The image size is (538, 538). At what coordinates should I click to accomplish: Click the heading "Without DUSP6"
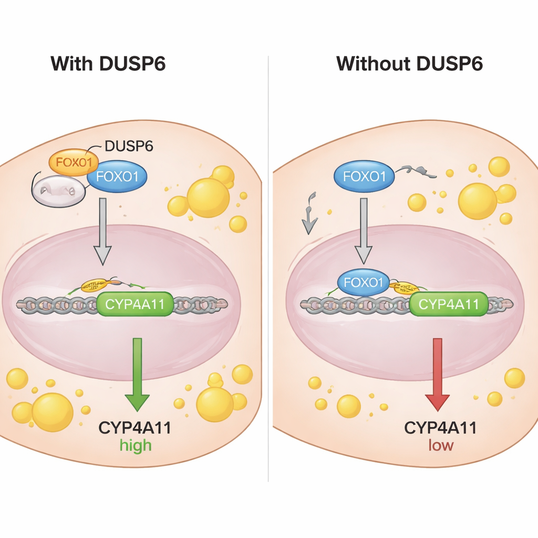pyautogui.click(x=409, y=64)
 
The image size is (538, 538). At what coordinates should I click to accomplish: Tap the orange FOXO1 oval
pyautogui.click(x=70, y=161)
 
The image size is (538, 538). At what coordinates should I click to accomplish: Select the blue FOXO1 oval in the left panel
pyautogui.click(x=117, y=177)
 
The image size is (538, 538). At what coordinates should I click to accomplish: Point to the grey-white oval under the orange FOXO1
pyautogui.click(x=58, y=190)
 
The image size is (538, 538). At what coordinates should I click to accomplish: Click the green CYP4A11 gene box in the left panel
pyautogui.click(x=135, y=304)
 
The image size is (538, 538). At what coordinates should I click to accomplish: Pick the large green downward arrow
pyautogui.click(x=138, y=374)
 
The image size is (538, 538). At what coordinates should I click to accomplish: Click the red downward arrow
pyautogui.click(x=438, y=374)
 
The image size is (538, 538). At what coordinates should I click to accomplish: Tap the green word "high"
pyautogui.click(x=135, y=446)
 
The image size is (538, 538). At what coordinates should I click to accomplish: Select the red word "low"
pyautogui.click(x=440, y=446)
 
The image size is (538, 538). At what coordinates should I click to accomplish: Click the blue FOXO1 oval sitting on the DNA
pyautogui.click(x=363, y=282)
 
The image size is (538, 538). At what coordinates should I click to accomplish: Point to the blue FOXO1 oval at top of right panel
pyautogui.click(x=364, y=177)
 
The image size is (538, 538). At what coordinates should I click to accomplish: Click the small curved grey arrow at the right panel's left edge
pyautogui.click(x=310, y=215)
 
